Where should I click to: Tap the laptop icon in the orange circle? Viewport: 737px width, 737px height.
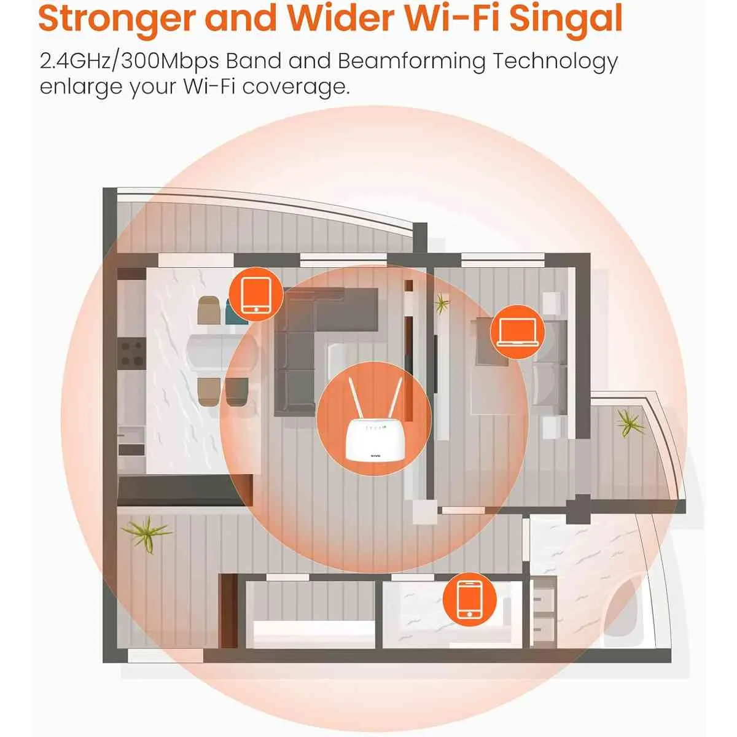518,332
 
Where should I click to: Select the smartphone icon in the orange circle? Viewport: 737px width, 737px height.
470,599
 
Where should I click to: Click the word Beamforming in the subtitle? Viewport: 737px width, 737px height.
411,61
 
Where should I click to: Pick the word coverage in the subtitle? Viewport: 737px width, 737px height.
295,87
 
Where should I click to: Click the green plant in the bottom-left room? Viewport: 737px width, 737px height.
147,534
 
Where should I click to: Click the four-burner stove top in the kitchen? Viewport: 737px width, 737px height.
131,353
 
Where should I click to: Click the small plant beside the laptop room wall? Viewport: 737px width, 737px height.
442,303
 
